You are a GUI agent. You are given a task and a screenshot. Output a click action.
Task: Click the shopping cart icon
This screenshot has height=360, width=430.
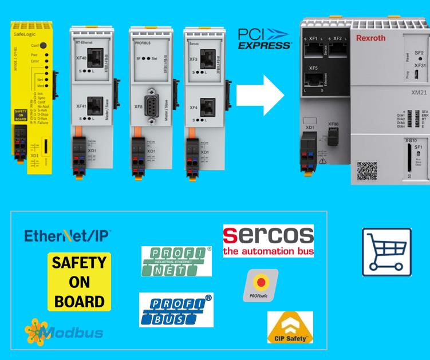point(386,252)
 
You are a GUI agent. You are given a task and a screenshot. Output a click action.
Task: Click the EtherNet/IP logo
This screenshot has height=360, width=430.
point(68,235)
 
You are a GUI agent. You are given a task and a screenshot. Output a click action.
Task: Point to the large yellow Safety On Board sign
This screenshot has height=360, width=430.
point(79,282)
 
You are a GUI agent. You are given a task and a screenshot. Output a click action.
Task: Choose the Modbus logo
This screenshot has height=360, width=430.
point(64,331)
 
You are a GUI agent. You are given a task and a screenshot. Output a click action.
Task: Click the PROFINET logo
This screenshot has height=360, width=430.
point(176,260)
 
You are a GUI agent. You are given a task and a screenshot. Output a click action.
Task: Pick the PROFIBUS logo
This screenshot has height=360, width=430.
point(176,310)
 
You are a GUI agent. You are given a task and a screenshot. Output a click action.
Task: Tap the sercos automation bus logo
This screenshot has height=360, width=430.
point(268,240)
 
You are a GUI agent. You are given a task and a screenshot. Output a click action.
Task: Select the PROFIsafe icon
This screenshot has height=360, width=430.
point(261,285)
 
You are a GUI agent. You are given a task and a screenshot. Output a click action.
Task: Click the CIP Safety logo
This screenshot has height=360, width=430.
point(290,327)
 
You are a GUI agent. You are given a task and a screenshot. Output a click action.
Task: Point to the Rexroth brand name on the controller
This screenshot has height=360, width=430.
point(370,38)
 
